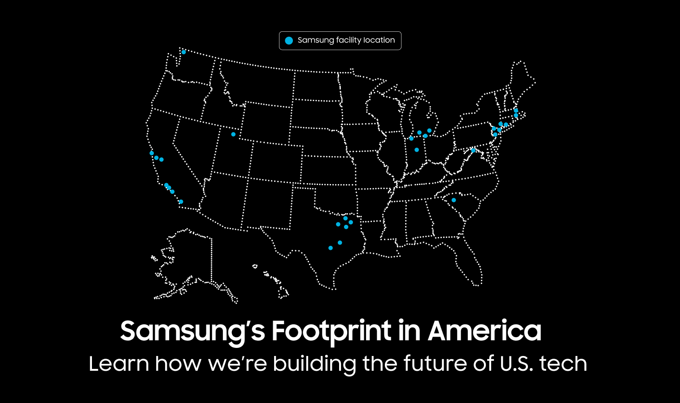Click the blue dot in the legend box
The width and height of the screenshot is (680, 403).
289,41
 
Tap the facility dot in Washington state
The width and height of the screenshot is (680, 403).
183,52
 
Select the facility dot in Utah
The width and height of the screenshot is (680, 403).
233,134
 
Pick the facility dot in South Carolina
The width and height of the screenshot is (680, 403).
453,200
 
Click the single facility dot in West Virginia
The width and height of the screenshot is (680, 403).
473,150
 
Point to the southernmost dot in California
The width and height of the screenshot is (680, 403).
181,202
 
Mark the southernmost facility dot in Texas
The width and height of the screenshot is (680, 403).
331,248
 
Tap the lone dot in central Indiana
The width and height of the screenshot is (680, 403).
417,150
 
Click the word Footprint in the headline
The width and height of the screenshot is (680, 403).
331,331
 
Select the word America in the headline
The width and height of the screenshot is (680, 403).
484,331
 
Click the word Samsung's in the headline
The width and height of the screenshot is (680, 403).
192,331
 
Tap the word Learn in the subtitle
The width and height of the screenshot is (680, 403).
119,364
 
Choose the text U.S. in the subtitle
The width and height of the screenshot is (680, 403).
516,364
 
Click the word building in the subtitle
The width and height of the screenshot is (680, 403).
314,364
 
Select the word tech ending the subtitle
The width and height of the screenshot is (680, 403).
563,364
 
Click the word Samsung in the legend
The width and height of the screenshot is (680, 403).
316,40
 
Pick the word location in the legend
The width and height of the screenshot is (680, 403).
379,40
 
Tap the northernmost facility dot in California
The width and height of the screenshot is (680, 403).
152,153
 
